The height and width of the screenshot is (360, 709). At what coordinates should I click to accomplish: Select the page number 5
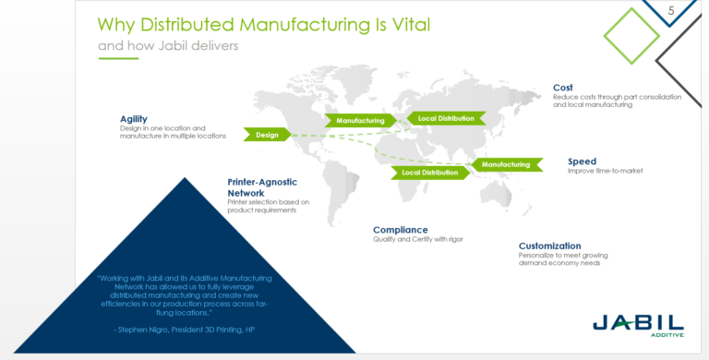[671, 10]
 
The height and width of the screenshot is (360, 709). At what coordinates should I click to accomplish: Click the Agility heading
[133, 118]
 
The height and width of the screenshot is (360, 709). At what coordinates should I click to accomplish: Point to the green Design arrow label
[267, 135]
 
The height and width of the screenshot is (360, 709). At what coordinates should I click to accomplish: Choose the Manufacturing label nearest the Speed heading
[505, 165]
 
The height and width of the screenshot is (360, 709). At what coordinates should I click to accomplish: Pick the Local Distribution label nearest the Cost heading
[446, 118]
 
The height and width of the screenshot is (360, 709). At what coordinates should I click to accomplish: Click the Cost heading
[562, 88]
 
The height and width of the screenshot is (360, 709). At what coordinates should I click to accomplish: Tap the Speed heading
[582, 162]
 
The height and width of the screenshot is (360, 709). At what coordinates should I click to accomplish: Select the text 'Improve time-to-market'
[605, 172]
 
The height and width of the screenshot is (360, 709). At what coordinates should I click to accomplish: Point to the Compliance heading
[400, 229]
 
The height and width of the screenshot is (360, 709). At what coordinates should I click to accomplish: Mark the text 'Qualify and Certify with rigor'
[417, 239]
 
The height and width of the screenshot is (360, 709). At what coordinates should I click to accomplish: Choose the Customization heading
[549, 246]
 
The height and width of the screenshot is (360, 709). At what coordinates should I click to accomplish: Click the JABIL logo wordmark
[638, 323]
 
